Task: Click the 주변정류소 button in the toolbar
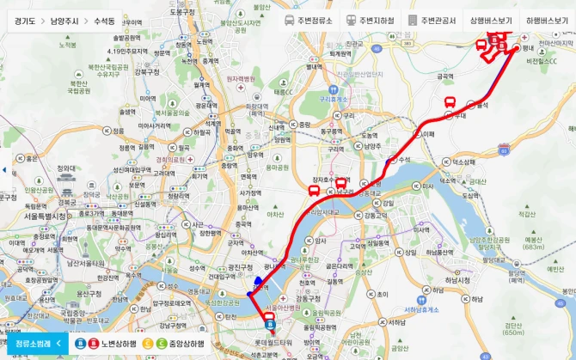coord(309,20)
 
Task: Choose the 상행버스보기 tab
coord(490,20)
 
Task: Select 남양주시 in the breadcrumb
coord(69,20)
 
